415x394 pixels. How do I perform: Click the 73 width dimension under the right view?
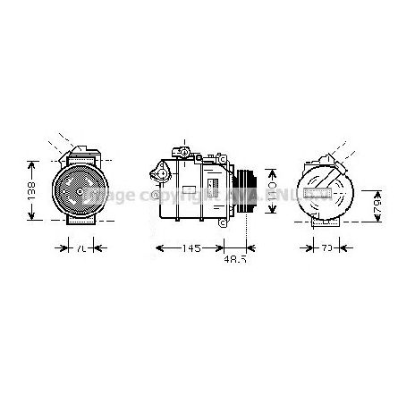330,247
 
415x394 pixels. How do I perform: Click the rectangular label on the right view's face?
320,193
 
